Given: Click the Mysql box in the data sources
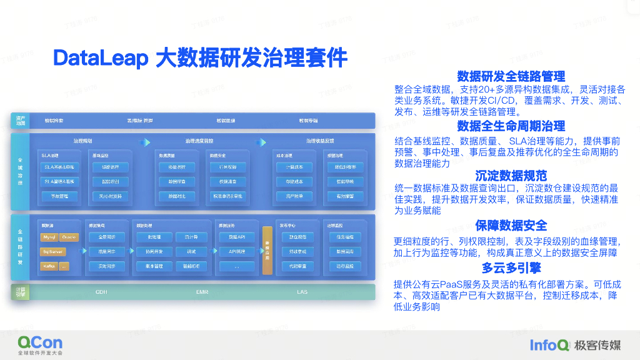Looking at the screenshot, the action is click(49, 237).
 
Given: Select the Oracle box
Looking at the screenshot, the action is click(69, 237).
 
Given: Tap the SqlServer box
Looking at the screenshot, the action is click(52, 252).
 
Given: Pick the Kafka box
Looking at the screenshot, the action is click(49, 266).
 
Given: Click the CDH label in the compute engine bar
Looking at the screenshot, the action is click(101, 292).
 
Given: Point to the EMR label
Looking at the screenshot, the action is click(202, 292).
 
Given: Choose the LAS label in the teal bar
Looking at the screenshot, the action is click(302, 292).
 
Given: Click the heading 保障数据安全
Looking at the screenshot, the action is click(511, 226).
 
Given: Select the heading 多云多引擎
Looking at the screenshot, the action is click(511, 268).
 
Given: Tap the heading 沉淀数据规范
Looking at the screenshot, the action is click(511, 176).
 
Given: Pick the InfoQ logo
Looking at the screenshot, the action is click(549, 344).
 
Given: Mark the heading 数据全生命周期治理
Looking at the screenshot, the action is click(511, 126).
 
